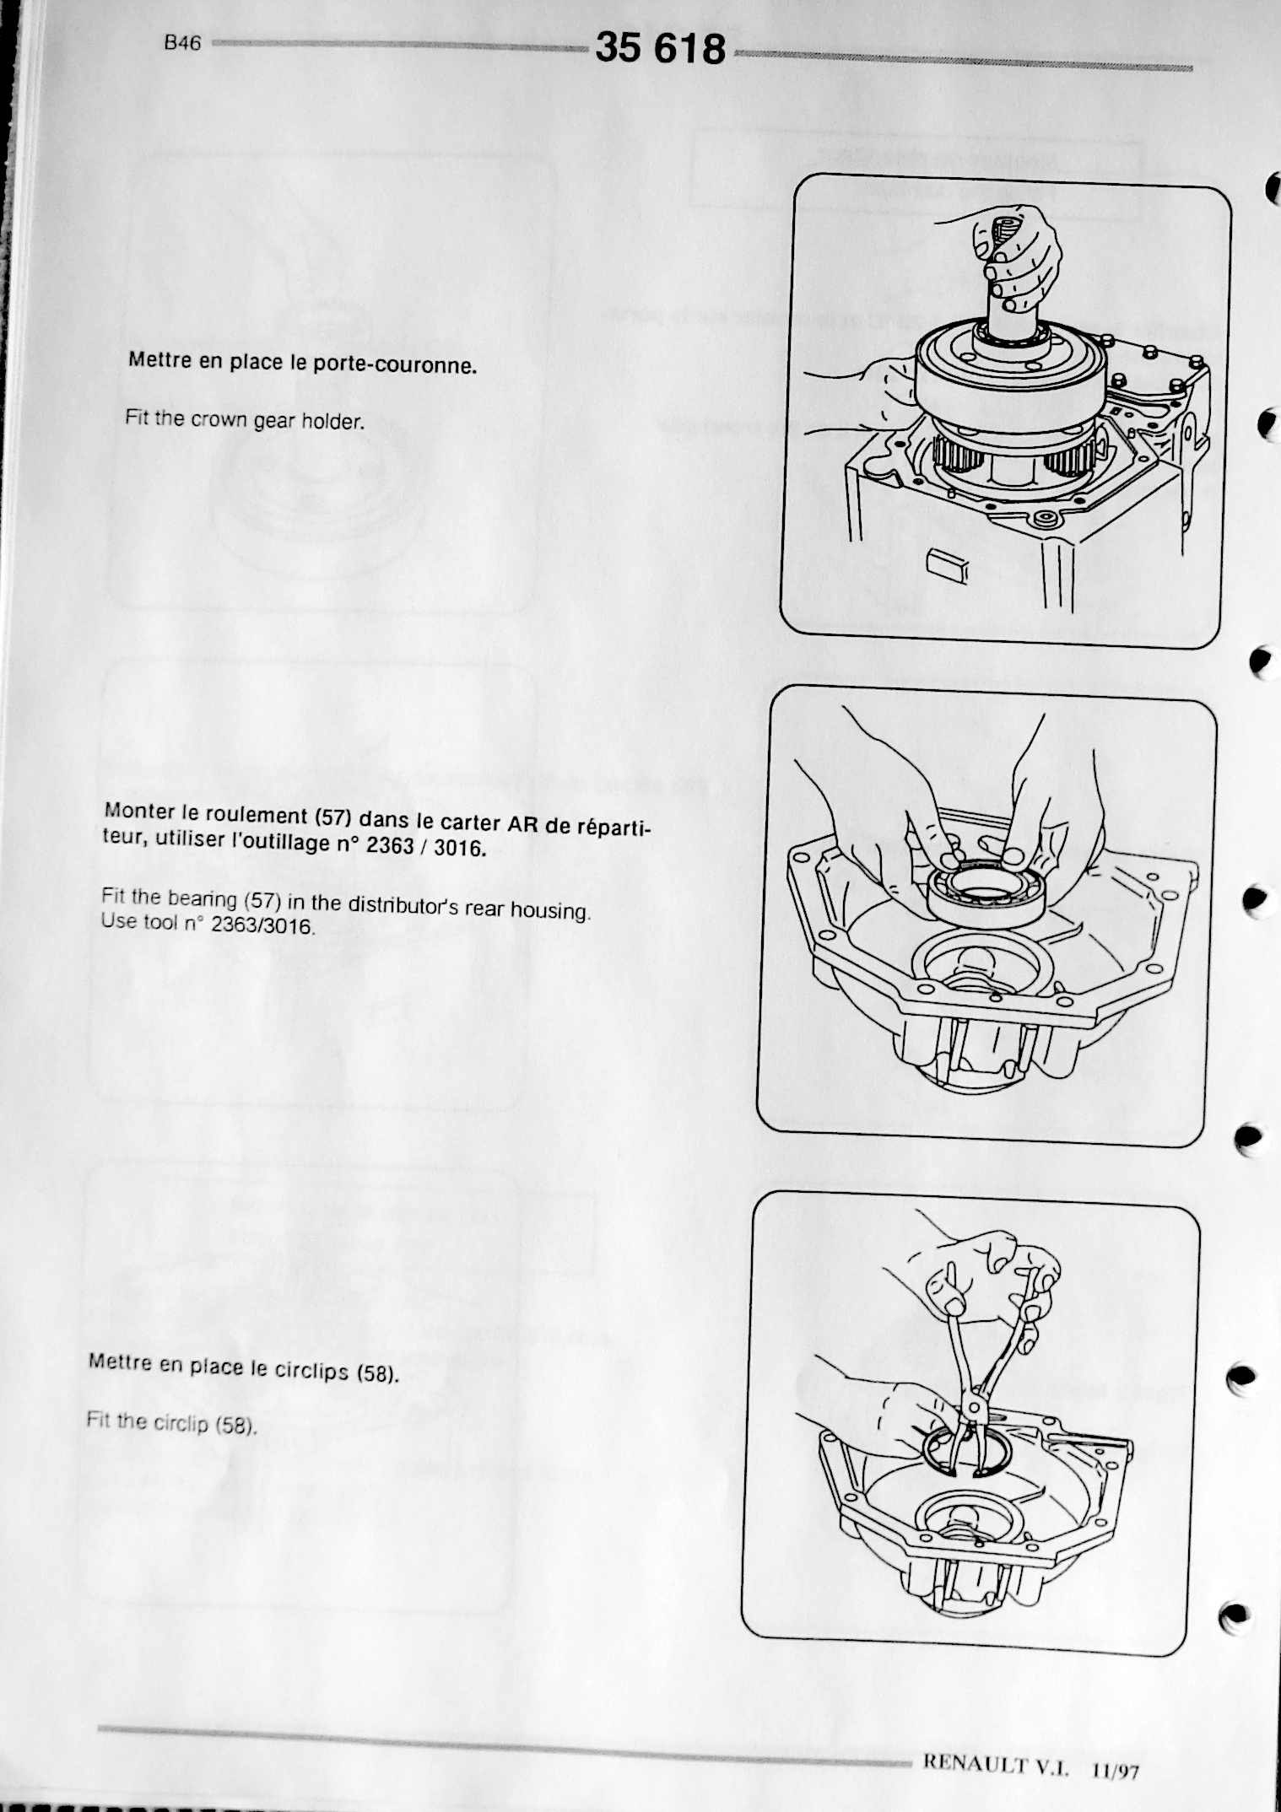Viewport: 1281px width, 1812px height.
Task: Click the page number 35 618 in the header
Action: (x=660, y=48)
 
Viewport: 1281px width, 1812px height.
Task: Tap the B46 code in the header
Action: (x=183, y=43)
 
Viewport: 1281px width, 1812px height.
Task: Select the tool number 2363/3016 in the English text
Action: (x=262, y=925)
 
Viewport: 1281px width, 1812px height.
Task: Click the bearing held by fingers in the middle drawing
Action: (x=985, y=894)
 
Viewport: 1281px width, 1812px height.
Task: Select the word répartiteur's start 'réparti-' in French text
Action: (x=614, y=827)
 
